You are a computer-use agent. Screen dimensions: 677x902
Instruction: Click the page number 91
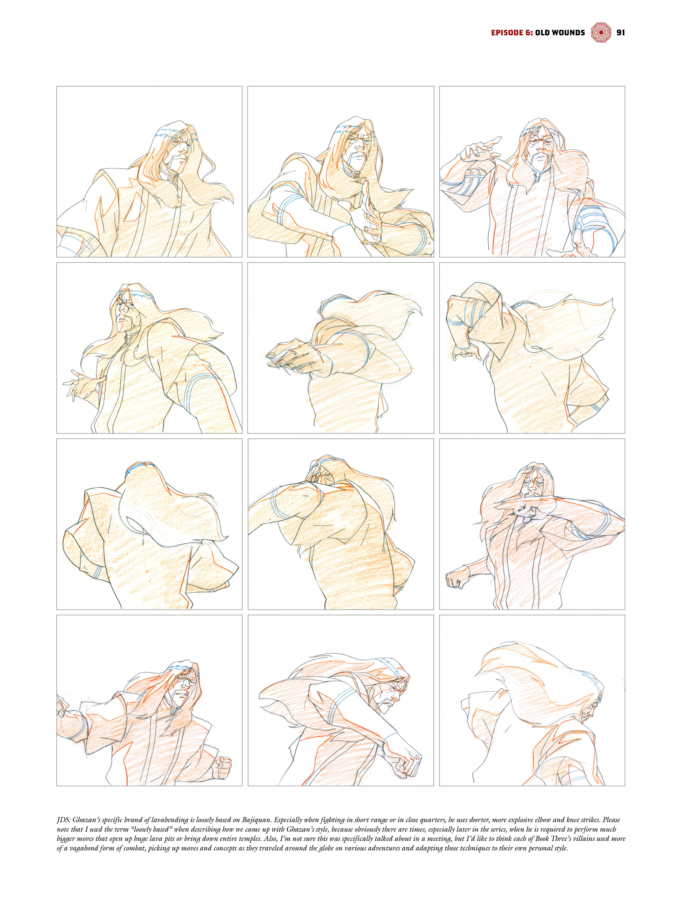[x=620, y=33]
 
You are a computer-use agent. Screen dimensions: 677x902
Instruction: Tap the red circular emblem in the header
[x=601, y=33]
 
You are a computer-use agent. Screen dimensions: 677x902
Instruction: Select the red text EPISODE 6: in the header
[x=512, y=33]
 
